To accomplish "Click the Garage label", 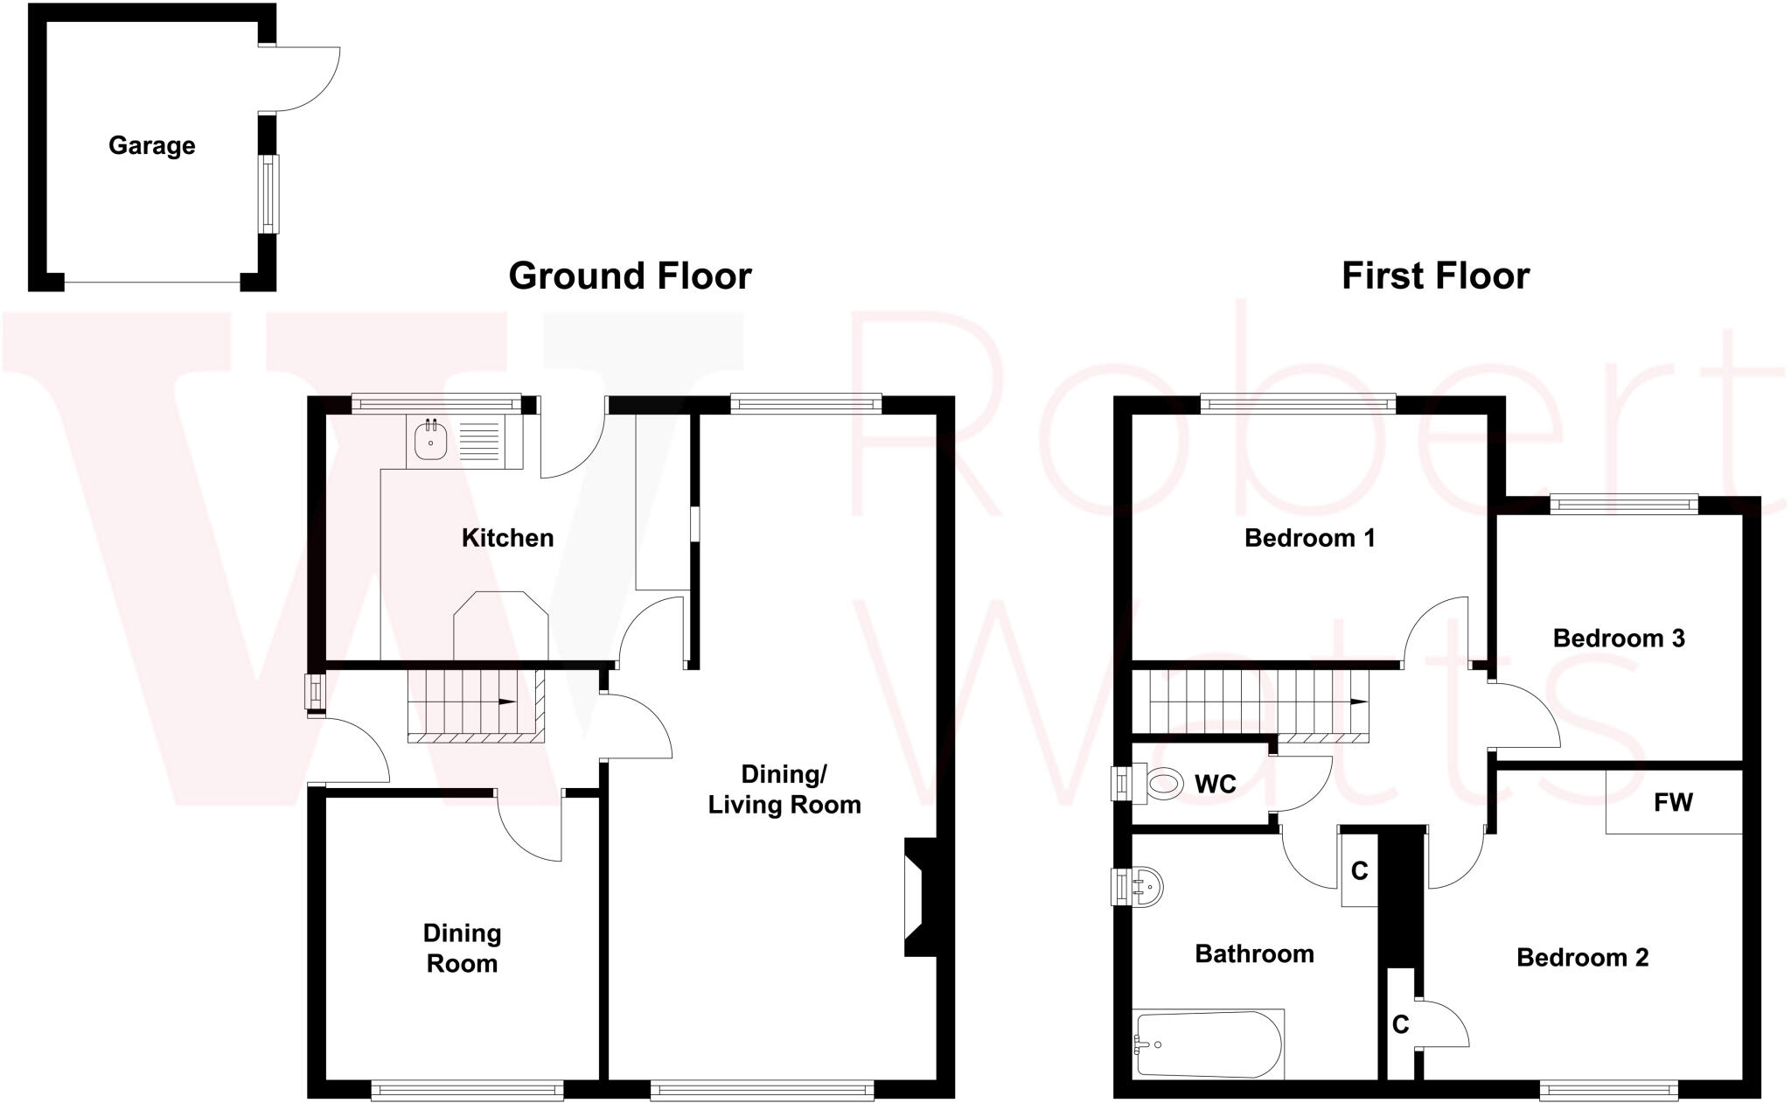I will tap(151, 145).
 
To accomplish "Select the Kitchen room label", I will tap(507, 538).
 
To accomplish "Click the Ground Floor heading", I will tap(630, 276).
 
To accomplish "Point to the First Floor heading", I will tap(1435, 276).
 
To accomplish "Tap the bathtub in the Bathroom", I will tap(1207, 1044).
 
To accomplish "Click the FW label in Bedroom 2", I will tap(1673, 802).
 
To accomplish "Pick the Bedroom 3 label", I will tap(1618, 639).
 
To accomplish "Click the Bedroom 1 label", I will tap(1309, 538).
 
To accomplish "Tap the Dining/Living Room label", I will tap(784, 789).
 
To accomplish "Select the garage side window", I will tap(268, 194).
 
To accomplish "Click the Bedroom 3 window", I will tap(1624, 504).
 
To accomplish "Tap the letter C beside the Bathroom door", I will tap(1359, 870).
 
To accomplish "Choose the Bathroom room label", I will tap(1254, 953).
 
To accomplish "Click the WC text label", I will tap(1216, 785).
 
